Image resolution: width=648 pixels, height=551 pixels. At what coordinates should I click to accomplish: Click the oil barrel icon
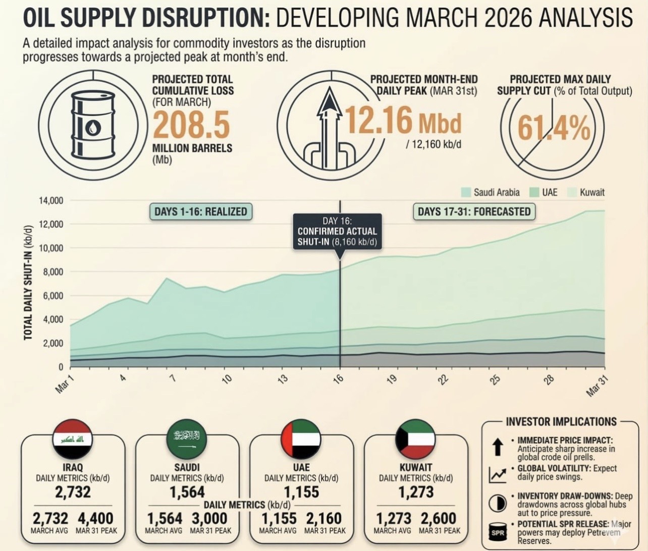point(92,125)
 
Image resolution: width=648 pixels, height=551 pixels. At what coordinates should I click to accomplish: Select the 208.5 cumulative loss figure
point(191,125)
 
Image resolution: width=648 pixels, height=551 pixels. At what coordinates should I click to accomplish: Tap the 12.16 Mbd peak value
point(402,121)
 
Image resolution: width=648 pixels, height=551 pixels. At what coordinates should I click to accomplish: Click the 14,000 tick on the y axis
point(51,200)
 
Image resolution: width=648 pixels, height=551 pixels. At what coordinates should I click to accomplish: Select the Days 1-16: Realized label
point(200,211)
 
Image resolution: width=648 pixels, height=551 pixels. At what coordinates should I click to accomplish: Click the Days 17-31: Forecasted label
point(474,211)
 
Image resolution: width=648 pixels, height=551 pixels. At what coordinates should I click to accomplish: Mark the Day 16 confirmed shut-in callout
point(337,232)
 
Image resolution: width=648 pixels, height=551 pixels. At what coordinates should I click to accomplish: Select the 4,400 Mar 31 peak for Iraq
point(95,518)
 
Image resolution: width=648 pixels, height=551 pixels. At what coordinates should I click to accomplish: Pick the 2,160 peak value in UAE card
point(325,518)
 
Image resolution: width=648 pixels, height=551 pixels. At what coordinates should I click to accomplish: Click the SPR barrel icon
point(497,532)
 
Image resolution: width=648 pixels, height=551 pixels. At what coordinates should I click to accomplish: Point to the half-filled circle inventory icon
point(497,503)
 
